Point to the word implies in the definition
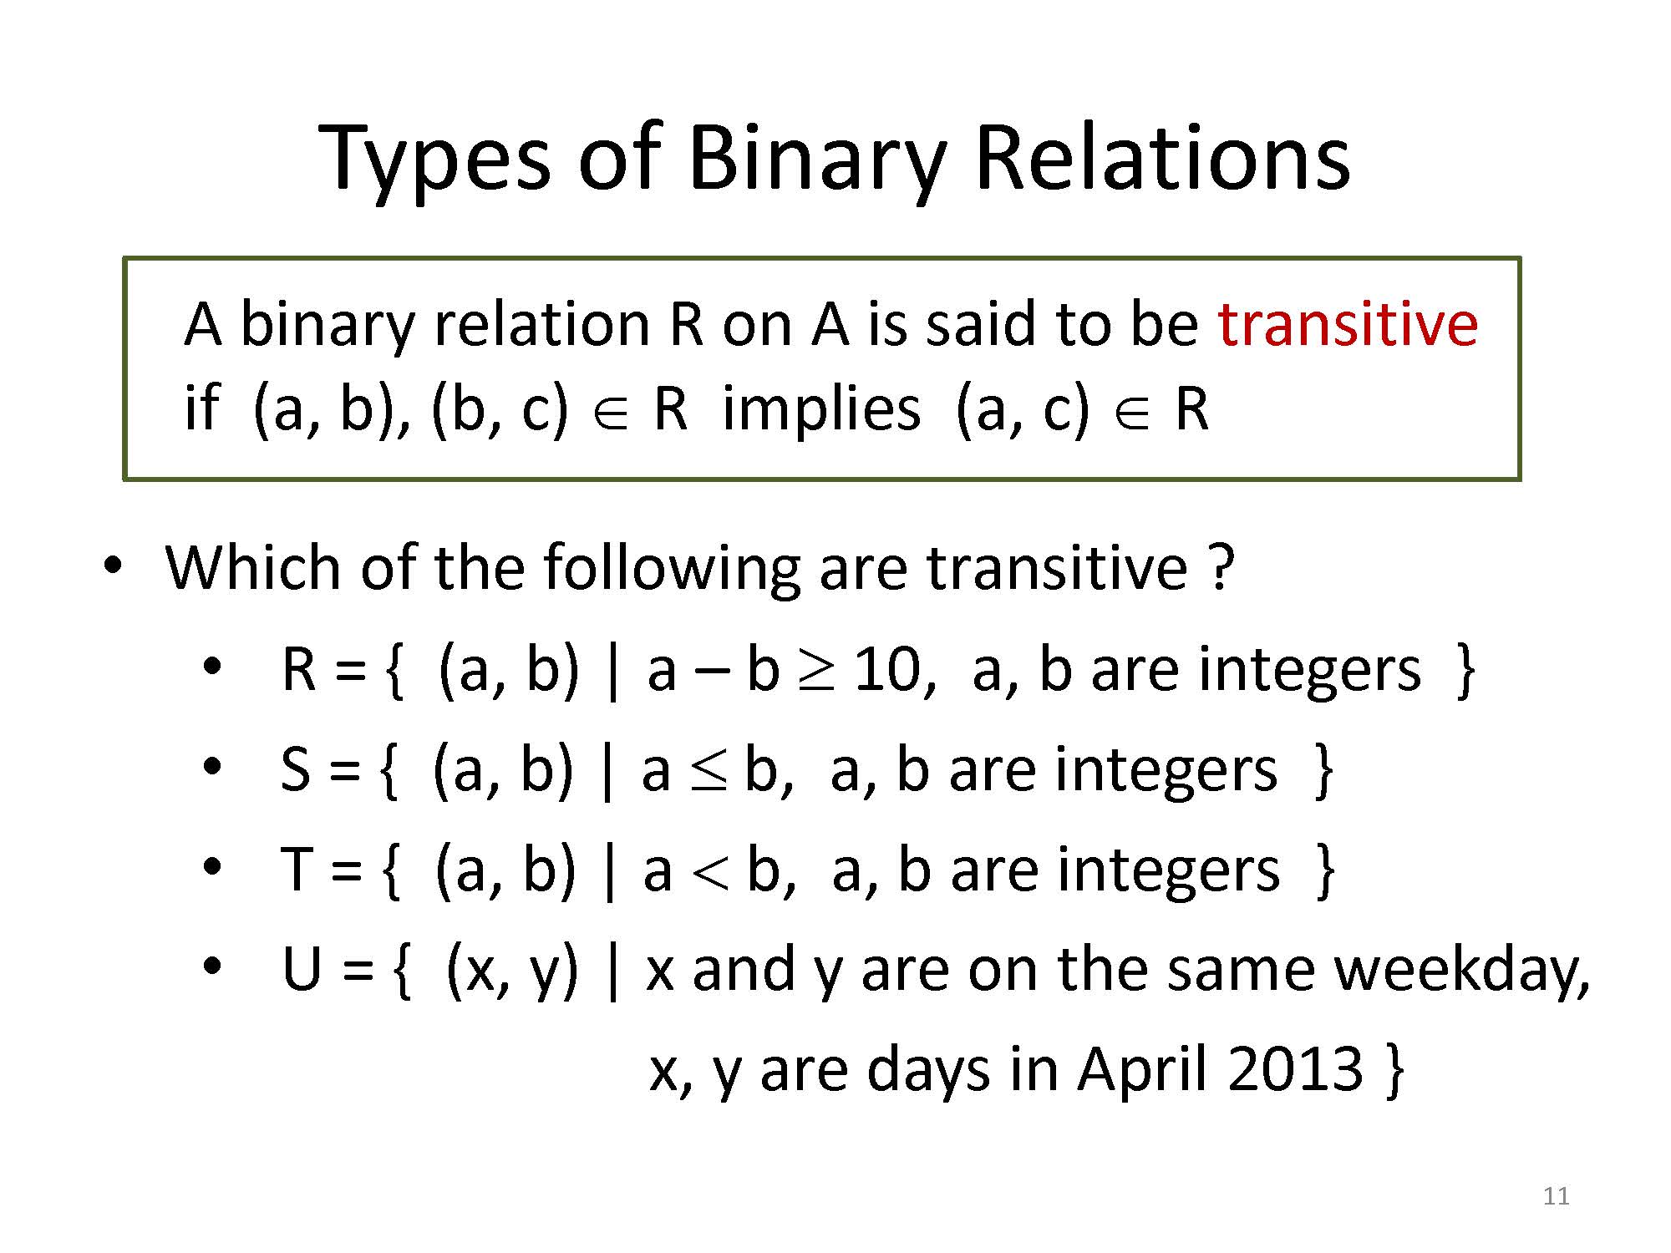[x=821, y=411]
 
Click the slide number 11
[x=1556, y=1196]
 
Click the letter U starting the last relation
[x=302, y=971]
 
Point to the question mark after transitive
[x=1221, y=568]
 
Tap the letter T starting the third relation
[x=297, y=870]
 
